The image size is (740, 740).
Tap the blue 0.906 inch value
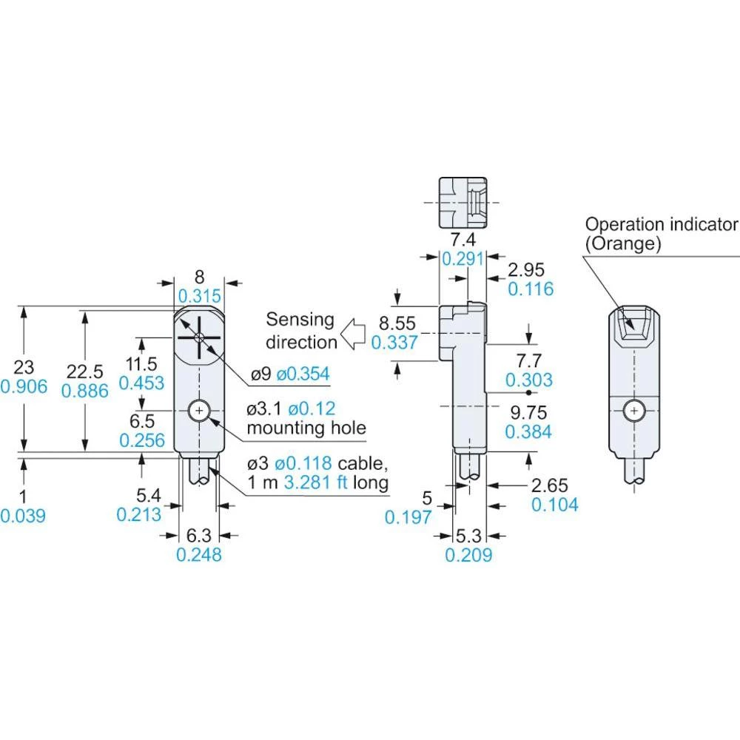24,386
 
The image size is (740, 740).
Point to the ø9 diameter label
260,373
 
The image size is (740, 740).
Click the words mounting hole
306,427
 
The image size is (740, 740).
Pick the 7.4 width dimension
462,240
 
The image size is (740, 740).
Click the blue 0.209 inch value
468,554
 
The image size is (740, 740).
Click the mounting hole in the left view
199,410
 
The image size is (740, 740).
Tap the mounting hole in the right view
634,409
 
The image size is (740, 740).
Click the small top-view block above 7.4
462,203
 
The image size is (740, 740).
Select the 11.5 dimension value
142,363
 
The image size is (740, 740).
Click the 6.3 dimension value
199,534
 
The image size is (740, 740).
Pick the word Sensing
300,320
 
